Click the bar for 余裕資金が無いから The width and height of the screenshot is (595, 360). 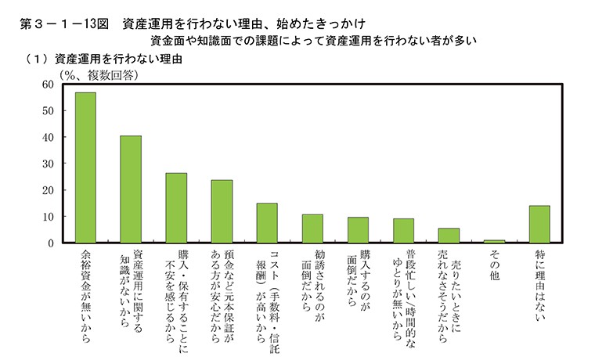click(85, 167)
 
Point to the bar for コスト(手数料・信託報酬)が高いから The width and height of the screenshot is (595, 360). click(267, 223)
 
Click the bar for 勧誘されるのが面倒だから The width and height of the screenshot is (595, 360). click(312, 229)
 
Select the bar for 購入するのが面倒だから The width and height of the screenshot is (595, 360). click(358, 230)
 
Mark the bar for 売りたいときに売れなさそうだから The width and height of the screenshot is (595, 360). click(449, 236)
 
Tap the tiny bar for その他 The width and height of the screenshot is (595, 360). click(494, 241)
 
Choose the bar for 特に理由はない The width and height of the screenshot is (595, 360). click(539, 224)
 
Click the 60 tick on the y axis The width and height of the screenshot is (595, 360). click(48, 85)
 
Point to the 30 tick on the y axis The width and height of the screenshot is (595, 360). click(48, 164)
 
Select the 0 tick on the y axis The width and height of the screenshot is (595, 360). click(50, 243)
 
